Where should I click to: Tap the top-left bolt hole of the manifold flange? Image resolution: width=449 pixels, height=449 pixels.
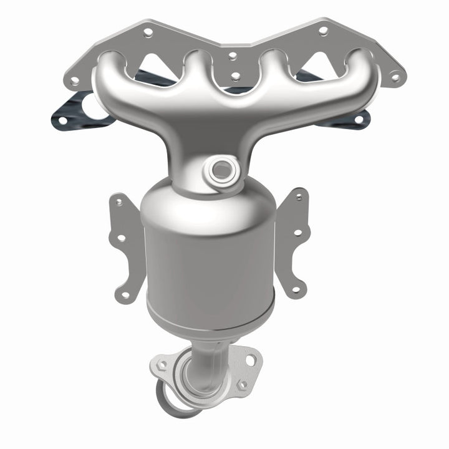point(148,31)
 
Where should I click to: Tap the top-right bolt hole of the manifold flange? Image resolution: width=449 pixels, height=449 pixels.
point(322,29)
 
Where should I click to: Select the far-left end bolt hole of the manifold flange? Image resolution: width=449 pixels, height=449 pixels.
point(74,80)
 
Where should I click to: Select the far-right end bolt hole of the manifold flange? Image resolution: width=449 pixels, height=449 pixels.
point(394,77)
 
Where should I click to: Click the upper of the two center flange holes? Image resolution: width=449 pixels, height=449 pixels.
point(233,56)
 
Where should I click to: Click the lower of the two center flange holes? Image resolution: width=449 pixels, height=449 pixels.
point(235,77)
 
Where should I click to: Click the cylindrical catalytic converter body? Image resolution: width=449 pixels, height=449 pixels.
point(209,262)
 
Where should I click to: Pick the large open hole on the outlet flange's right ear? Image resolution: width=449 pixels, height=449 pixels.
point(251,360)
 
